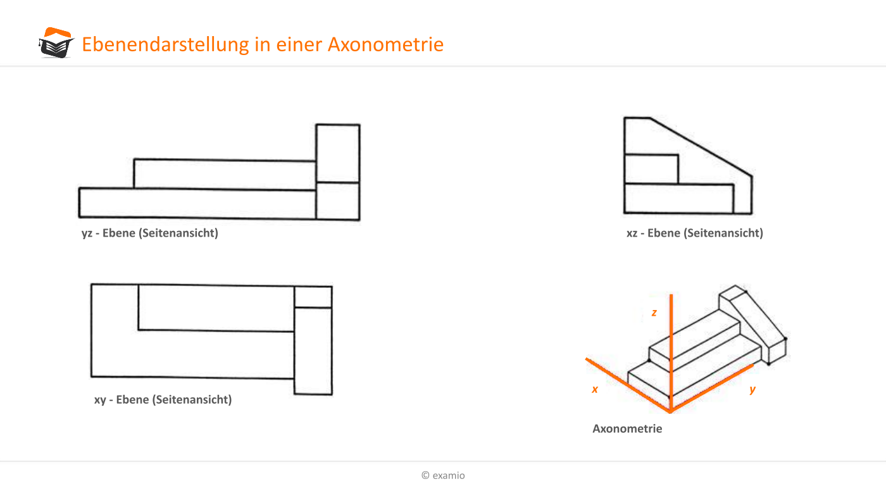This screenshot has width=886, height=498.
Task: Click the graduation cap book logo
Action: (56, 43)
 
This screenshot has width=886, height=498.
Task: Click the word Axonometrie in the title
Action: (385, 44)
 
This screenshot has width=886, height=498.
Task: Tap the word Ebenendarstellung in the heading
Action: (165, 44)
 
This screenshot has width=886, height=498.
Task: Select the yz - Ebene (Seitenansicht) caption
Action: (149, 233)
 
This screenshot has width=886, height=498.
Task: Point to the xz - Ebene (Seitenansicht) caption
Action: (695, 233)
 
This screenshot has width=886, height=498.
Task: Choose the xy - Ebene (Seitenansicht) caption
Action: (163, 399)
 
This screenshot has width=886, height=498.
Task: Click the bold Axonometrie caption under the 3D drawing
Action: (627, 428)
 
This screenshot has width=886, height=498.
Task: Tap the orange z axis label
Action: (654, 313)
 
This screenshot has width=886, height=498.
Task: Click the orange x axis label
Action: (595, 390)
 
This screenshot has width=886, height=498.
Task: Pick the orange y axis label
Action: (752, 390)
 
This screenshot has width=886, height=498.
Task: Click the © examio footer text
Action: (443, 475)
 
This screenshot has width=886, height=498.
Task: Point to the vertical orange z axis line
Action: (671, 353)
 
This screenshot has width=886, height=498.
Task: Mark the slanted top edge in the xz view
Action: (701, 147)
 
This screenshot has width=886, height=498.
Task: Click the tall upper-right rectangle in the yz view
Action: (338, 154)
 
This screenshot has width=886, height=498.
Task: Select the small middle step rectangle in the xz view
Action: (651, 170)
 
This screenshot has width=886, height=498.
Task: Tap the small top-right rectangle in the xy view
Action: (313, 297)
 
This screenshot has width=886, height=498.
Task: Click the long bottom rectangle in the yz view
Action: (197, 203)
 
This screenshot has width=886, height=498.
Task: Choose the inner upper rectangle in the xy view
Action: (216, 308)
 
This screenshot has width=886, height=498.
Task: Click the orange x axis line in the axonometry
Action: (628, 385)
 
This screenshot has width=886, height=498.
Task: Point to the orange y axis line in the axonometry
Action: (712, 389)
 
